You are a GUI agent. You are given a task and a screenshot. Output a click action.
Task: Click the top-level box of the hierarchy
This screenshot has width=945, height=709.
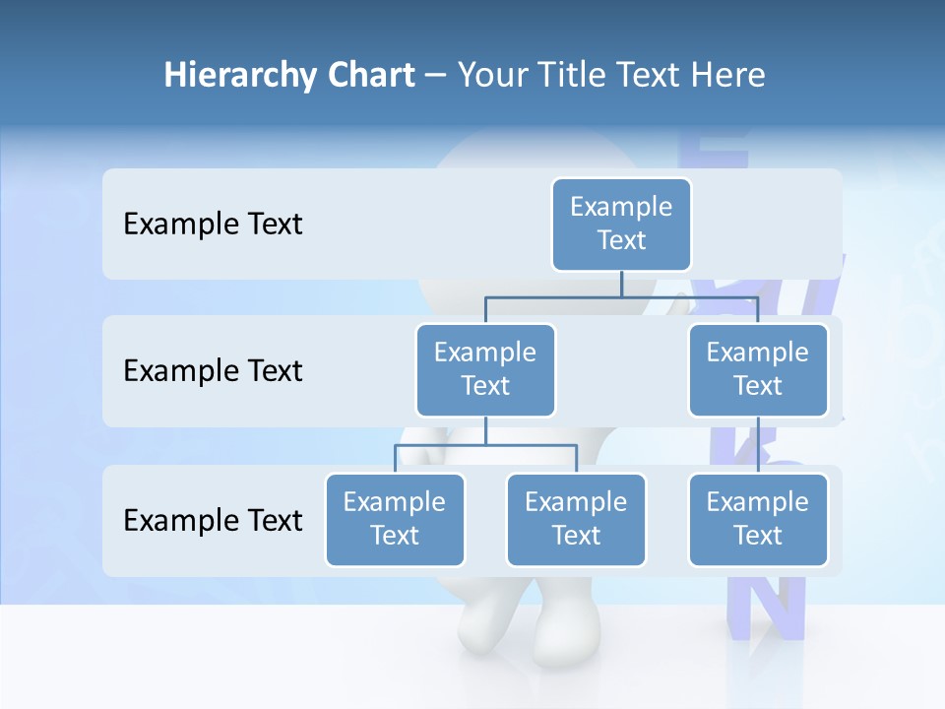(x=621, y=224)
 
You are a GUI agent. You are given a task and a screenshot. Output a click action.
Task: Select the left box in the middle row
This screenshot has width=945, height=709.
(x=485, y=369)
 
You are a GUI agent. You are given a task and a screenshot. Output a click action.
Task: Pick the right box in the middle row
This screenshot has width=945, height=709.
(x=757, y=369)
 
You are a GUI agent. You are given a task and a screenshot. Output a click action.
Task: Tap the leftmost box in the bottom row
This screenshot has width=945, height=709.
(x=395, y=519)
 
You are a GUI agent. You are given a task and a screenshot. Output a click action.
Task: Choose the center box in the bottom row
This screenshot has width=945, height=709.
(x=576, y=519)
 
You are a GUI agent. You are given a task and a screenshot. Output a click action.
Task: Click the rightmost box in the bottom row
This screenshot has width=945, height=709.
(x=757, y=519)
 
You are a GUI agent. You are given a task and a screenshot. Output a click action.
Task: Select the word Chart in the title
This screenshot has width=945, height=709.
(x=369, y=75)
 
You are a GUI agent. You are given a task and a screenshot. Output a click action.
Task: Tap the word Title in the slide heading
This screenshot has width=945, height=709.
(x=577, y=75)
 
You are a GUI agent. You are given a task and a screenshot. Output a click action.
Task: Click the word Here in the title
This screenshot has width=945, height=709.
(x=727, y=75)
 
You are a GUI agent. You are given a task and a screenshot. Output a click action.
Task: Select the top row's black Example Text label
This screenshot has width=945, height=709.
(x=213, y=224)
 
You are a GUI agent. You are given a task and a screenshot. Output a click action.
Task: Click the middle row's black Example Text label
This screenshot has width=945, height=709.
(x=213, y=370)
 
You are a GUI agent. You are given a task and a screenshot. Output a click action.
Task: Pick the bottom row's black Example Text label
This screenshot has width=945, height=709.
(x=213, y=520)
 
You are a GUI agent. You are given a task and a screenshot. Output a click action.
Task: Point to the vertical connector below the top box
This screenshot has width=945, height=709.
(x=621, y=284)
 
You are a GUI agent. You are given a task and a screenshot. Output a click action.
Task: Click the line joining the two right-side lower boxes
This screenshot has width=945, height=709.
(x=758, y=445)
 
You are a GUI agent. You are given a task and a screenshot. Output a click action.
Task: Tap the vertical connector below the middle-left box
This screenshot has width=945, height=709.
(x=485, y=430)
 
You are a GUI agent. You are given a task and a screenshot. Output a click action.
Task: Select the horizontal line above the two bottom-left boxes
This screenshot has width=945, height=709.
(x=485, y=445)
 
